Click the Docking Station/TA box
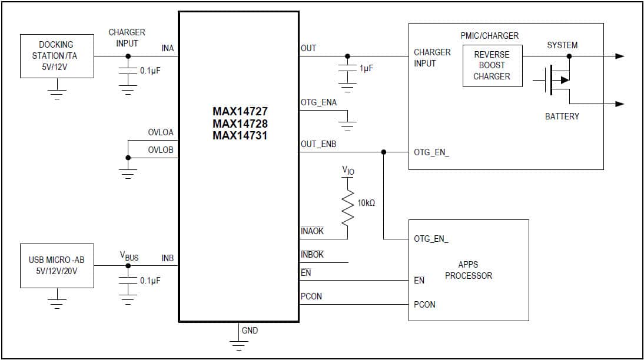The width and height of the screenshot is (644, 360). click(57, 56)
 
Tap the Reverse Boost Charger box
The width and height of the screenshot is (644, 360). click(492, 65)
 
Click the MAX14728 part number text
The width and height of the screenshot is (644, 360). click(240, 124)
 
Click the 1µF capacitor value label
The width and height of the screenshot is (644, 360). click(366, 69)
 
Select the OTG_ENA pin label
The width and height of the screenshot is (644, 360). click(318, 102)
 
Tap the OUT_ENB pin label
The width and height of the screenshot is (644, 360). click(318, 144)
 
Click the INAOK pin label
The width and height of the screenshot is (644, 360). click(312, 231)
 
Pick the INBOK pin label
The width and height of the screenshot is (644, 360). click(312, 255)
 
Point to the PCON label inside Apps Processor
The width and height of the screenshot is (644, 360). click(425, 305)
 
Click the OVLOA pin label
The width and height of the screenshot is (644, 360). click(161, 133)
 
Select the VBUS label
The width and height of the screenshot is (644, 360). click(129, 256)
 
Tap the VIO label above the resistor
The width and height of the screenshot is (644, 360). click(348, 171)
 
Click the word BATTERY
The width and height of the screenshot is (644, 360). click(562, 116)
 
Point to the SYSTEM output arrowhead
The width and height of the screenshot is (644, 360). click(619, 56)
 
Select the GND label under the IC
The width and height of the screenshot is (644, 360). click(250, 331)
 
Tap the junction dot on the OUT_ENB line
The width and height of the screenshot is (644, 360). click(384, 152)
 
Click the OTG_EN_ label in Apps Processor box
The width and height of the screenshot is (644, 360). click(431, 239)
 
